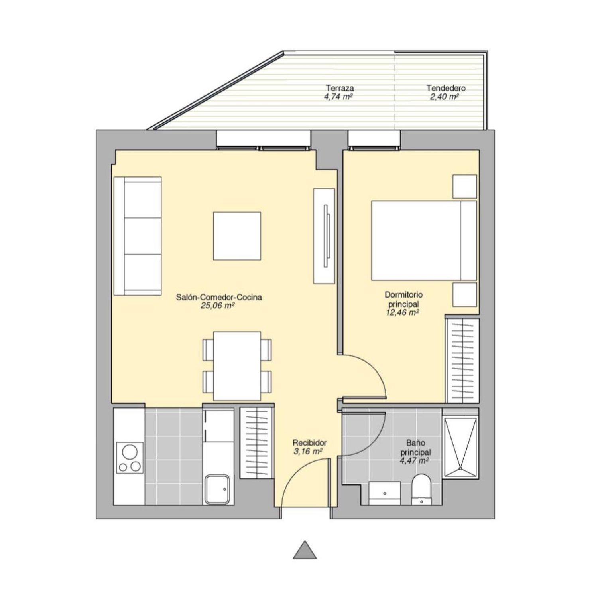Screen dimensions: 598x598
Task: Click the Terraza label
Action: (x=340, y=88)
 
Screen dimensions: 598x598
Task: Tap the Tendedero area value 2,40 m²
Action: (x=445, y=97)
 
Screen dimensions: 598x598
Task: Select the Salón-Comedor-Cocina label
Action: (x=219, y=297)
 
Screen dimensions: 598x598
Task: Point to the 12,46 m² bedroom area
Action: (x=402, y=312)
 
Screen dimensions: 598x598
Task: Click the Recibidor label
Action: (x=309, y=443)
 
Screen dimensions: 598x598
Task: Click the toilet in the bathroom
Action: (x=421, y=489)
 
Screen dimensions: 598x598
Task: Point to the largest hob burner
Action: (x=130, y=452)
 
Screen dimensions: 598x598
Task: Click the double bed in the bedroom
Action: (x=424, y=240)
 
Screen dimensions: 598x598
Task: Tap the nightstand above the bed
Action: (x=465, y=186)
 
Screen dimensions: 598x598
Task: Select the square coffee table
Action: (x=237, y=236)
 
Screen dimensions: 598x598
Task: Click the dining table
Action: (x=237, y=365)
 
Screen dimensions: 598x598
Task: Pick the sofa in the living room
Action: (x=138, y=236)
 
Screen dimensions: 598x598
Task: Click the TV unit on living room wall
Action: (x=324, y=236)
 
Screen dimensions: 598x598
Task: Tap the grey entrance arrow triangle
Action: (x=305, y=550)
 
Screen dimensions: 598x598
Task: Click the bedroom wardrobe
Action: (x=462, y=360)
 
